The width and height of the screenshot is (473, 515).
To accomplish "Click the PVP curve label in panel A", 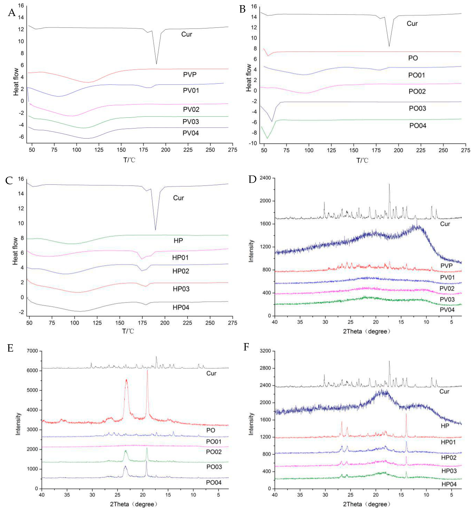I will (x=190, y=75).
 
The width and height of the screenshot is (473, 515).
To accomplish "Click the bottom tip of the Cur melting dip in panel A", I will (x=156, y=64).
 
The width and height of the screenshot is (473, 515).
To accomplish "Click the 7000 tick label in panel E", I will (x=32, y=351).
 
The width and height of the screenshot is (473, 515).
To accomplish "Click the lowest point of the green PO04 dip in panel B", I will (x=267, y=138).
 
